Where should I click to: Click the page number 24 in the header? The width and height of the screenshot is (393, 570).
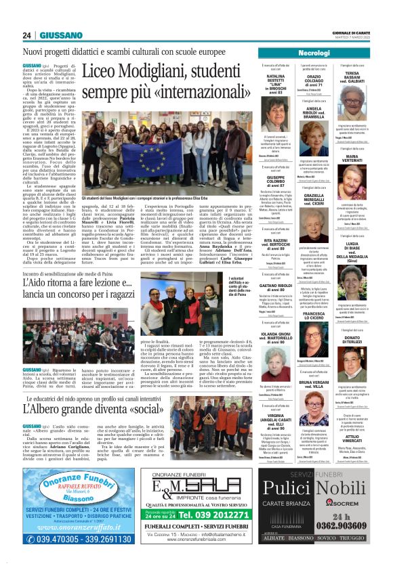point(26,35)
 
